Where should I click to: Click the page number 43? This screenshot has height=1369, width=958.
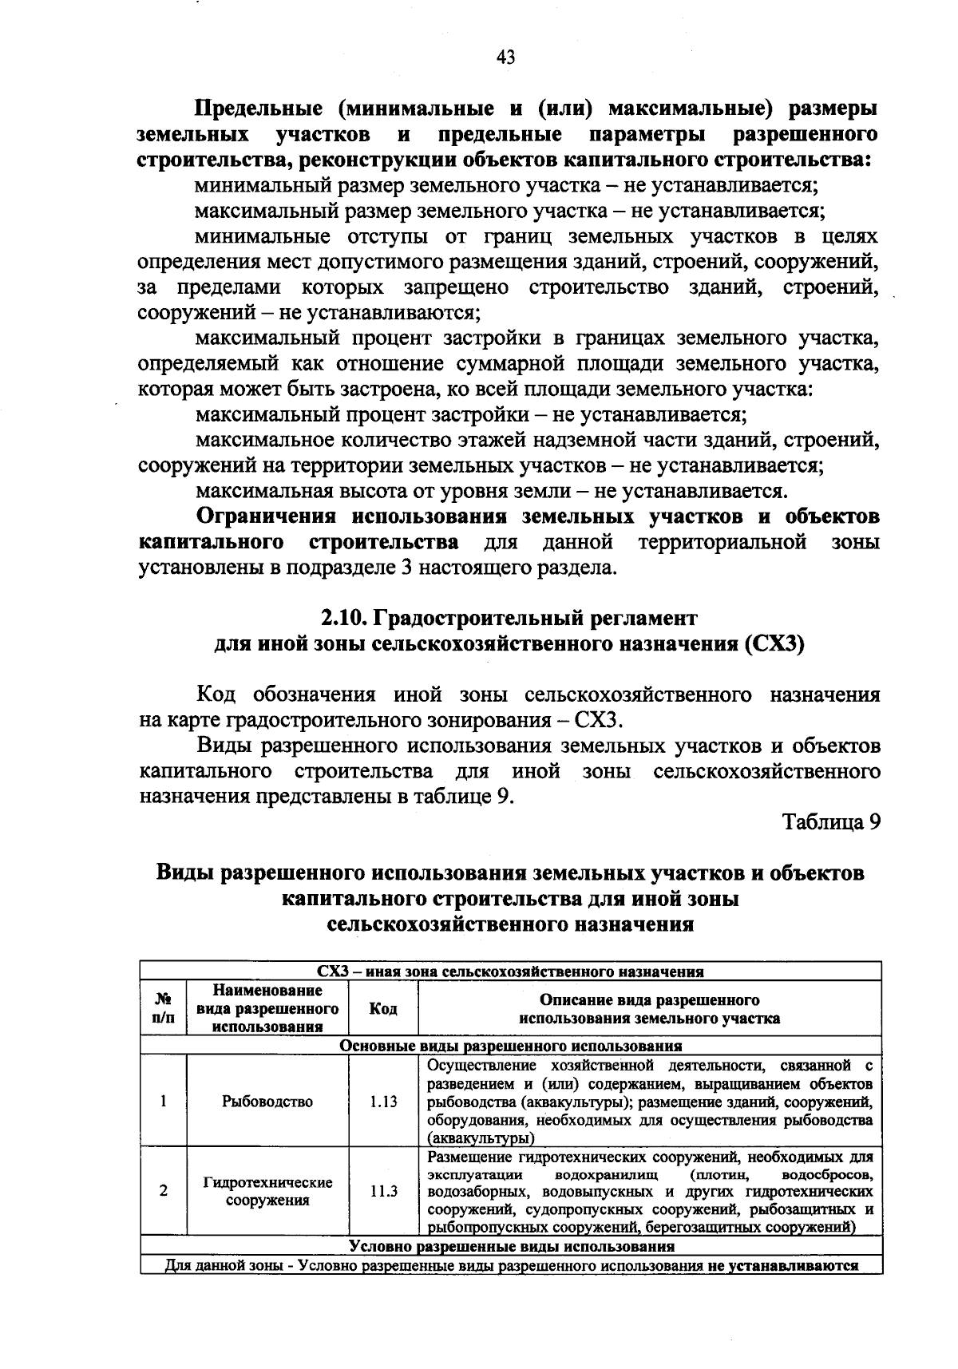505,57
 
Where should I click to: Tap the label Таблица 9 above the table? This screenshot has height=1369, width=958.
831,822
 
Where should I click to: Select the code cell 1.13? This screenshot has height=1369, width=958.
383,1102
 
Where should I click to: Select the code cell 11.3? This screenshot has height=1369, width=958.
383,1191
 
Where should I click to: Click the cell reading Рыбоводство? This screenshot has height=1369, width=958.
267,1102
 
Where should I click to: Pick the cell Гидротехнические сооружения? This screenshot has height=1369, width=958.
267,1191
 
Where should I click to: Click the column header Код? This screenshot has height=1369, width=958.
383,1009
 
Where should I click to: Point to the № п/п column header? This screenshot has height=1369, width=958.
163,1009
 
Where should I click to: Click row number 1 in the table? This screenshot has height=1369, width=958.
163,1102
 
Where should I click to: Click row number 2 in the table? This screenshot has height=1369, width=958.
163,1191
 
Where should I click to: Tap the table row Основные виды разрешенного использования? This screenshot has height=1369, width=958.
511,1046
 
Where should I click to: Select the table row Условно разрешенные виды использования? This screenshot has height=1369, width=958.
511,1246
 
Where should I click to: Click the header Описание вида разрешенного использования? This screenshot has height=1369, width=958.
649,1009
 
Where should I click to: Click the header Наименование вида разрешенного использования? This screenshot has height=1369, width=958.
267,1009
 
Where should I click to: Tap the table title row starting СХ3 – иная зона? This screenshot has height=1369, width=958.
511,971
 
